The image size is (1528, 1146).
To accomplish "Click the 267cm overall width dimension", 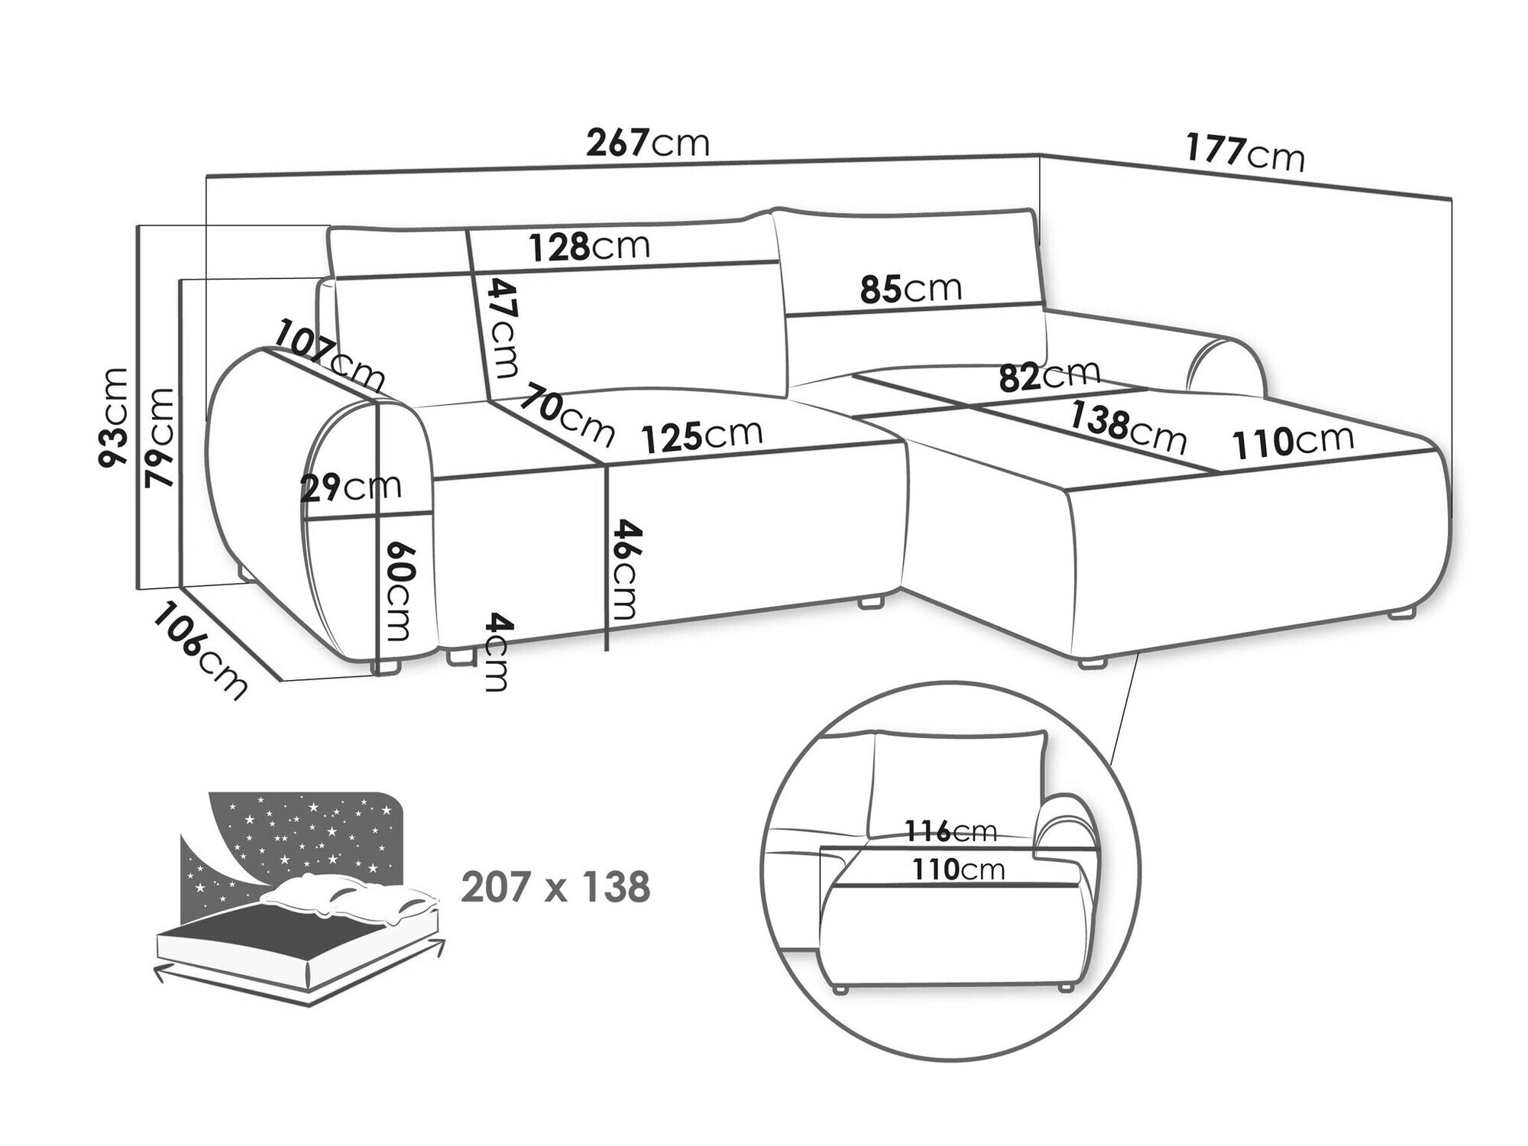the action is [x=648, y=142].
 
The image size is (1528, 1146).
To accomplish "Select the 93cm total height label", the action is [x=114, y=416].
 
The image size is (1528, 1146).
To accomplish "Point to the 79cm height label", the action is [x=160, y=438].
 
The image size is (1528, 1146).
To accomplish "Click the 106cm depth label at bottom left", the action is [x=200, y=650].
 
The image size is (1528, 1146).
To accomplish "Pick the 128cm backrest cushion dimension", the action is [x=590, y=246].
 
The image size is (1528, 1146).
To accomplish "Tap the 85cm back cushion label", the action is [x=911, y=289].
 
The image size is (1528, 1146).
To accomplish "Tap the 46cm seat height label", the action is [x=623, y=570].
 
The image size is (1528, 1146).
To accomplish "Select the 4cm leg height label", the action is [x=496, y=652].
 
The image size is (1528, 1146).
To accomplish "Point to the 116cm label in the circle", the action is [x=951, y=831].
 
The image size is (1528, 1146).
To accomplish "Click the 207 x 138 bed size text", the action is [x=555, y=888].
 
